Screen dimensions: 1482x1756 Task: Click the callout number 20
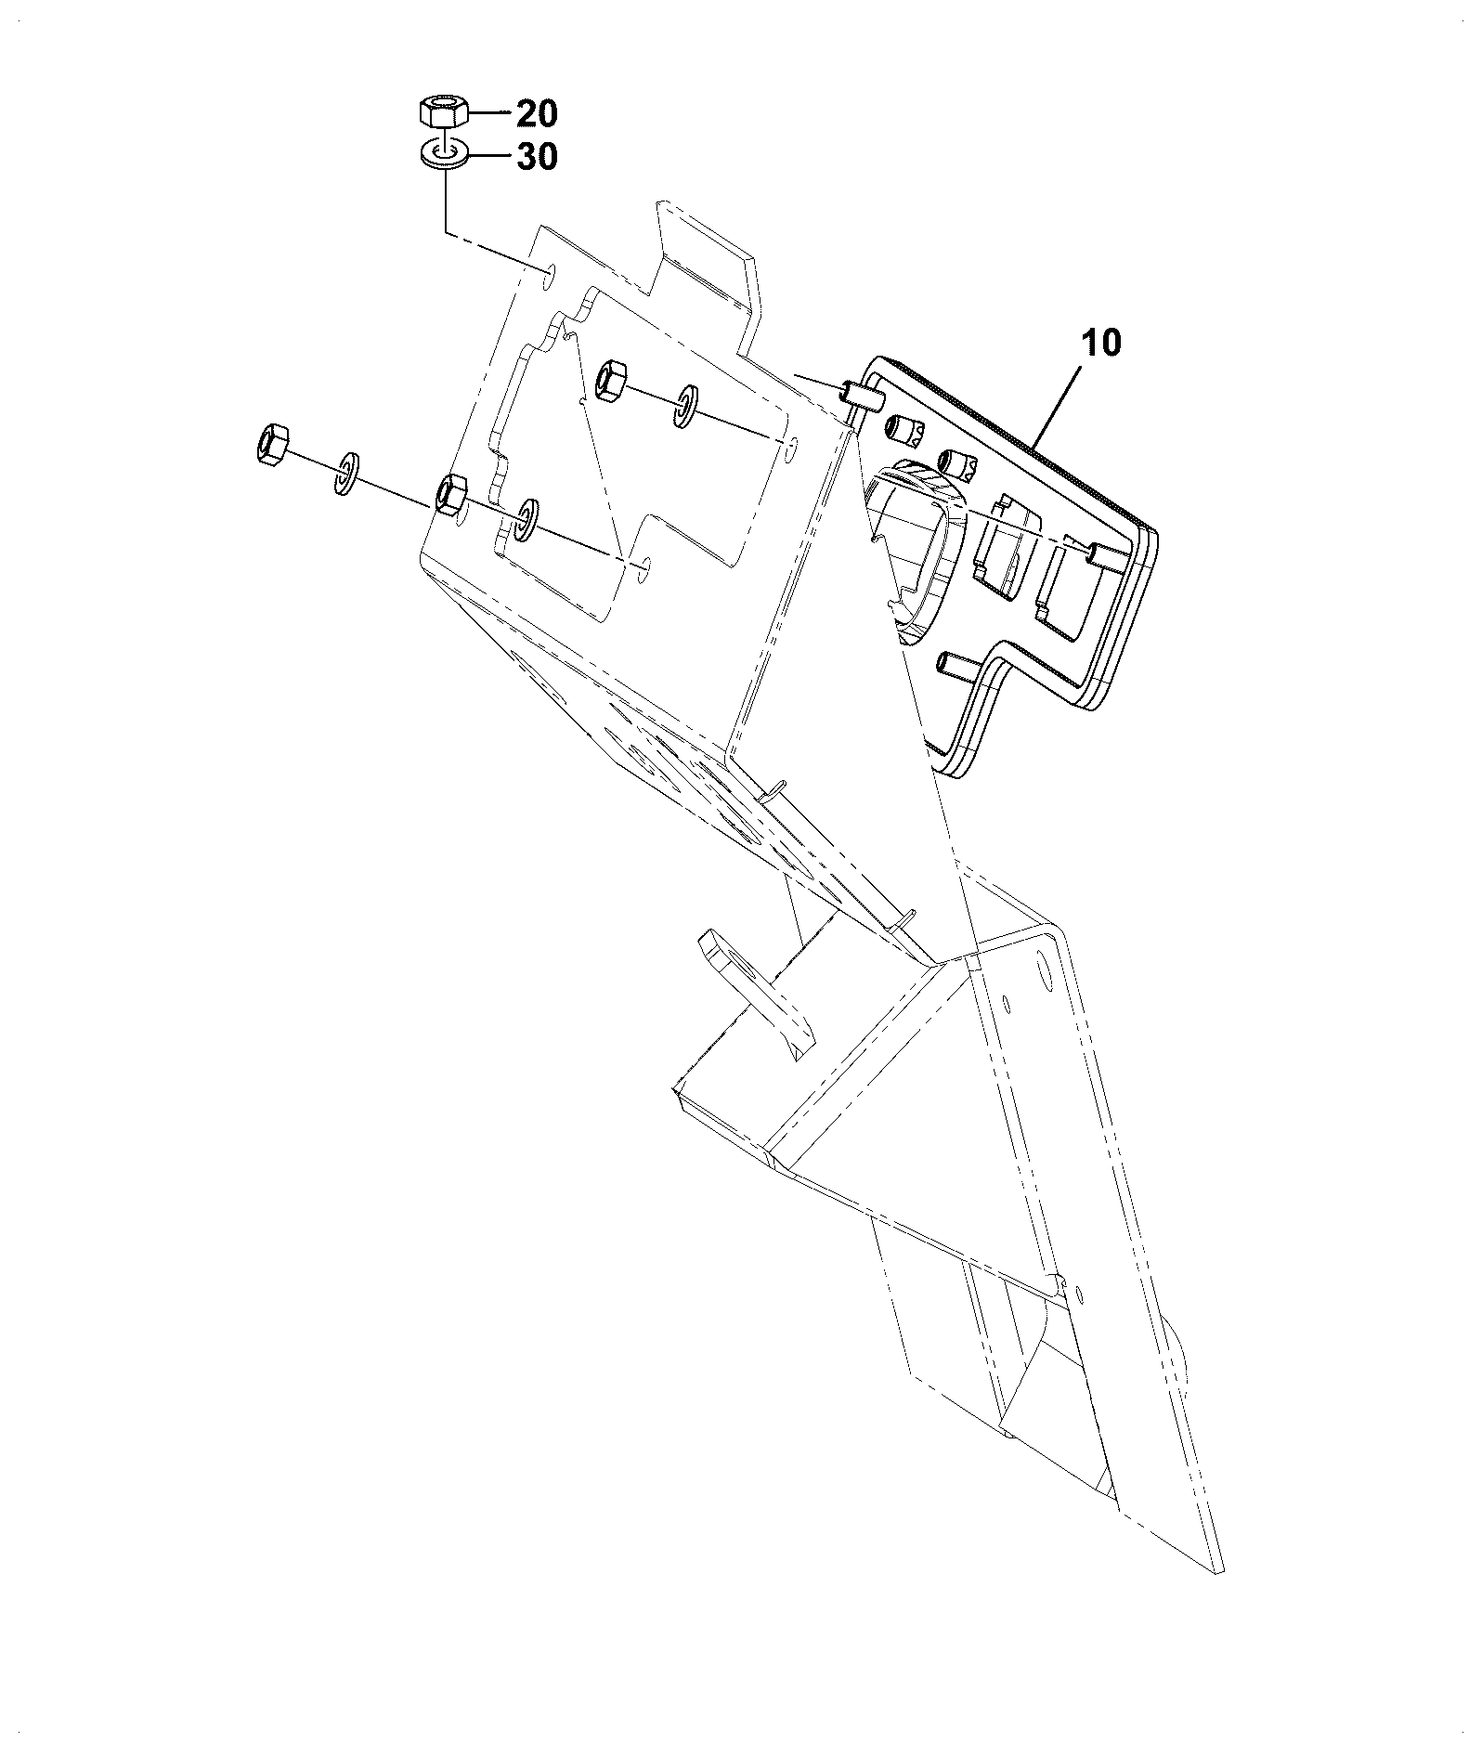pyautogui.click(x=537, y=114)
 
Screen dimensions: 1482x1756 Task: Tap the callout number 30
pyautogui.click(x=537, y=157)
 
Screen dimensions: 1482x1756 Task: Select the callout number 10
pyautogui.click(x=1100, y=343)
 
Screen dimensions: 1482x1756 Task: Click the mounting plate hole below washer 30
pyautogui.click(x=549, y=276)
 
